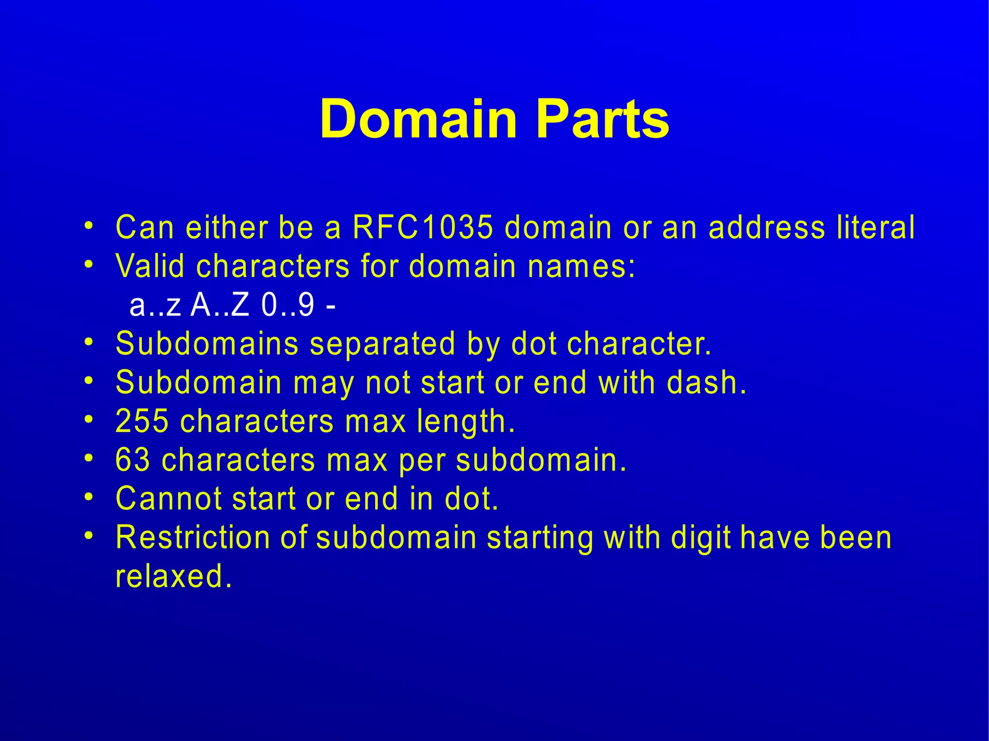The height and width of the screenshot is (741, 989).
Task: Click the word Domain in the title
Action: (418, 119)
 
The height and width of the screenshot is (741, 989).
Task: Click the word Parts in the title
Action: (602, 119)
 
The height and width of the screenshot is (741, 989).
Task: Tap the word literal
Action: (876, 227)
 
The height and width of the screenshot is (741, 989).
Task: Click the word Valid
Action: (150, 266)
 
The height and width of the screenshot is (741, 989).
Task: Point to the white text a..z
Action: (155, 305)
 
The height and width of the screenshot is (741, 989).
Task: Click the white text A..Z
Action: (220, 305)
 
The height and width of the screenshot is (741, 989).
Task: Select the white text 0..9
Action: (288, 305)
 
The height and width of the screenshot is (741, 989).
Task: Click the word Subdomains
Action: (207, 344)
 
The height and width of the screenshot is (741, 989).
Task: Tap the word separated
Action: (382, 344)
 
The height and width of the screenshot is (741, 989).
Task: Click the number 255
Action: (142, 421)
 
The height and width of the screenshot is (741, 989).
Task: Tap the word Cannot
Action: (169, 498)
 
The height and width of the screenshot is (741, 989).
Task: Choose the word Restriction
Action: (193, 537)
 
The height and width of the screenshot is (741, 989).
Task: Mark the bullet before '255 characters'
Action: (88, 419)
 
